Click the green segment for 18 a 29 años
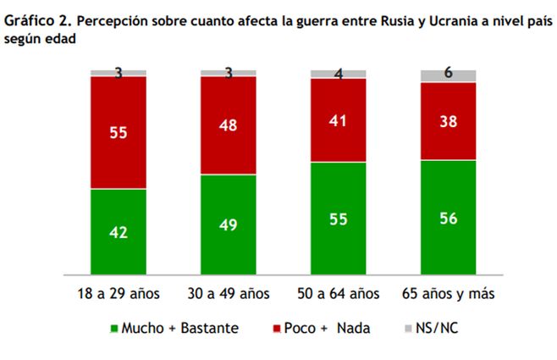click(x=119, y=231)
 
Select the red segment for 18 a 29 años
click(x=119, y=132)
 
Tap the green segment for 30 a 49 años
click(x=228, y=224)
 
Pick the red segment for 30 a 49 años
click(x=228, y=125)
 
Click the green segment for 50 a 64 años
click(x=338, y=218)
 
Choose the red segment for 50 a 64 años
click(x=338, y=119)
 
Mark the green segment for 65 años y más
click(x=448, y=217)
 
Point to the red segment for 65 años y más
click(x=448, y=121)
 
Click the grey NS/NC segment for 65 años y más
click(x=448, y=76)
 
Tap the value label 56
click(x=448, y=217)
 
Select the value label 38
click(x=448, y=121)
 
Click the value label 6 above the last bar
click(x=448, y=73)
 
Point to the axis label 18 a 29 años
click(x=119, y=294)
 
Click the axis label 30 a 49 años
click(x=228, y=294)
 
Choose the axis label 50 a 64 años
click(x=338, y=294)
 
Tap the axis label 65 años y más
click(x=448, y=294)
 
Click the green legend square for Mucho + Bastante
click(x=114, y=327)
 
